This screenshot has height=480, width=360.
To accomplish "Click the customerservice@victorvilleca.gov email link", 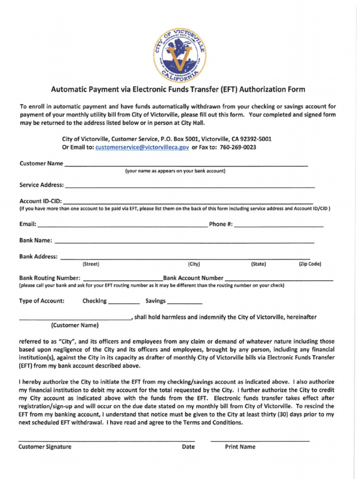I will click(142, 147).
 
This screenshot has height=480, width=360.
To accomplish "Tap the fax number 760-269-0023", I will click(238, 147).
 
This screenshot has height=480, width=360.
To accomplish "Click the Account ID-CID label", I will click(40, 202).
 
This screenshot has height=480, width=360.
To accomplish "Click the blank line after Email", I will click(122, 225).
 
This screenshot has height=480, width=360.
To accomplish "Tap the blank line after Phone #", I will click(278, 225).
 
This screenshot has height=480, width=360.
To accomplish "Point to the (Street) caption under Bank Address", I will click(90, 264).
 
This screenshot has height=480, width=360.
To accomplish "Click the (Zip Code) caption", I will click(310, 264).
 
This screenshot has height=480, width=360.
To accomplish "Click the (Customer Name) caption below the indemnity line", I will click(75, 325).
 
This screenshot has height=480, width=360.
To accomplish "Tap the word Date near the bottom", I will click(188, 447).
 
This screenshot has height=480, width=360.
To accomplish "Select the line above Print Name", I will click(260, 440).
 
